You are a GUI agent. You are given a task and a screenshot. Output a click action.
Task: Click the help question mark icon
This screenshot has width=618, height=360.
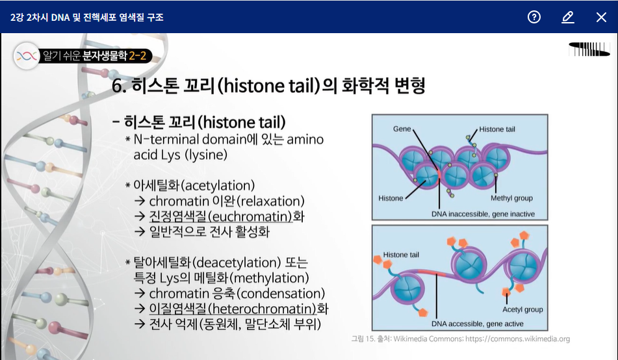click(x=534, y=17)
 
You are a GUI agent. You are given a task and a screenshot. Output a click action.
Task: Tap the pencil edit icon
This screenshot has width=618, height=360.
click(x=567, y=17)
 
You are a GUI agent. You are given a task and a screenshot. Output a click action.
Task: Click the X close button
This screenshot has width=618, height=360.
click(x=601, y=17)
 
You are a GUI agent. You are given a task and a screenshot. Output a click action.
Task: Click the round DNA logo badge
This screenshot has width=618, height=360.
click(x=27, y=56)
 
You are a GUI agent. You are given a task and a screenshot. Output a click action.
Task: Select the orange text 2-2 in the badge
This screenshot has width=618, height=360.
click(x=138, y=56)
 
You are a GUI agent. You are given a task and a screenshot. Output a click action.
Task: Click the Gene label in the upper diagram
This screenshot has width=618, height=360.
click(x=402, y=129)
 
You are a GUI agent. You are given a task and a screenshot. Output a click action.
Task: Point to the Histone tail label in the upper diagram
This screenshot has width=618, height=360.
click(x=497, y=129)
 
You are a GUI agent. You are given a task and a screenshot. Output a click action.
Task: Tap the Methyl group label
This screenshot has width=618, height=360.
click(x=511, y=198)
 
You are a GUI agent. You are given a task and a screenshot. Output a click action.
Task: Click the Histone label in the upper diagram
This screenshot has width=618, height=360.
click(x=391, y=198)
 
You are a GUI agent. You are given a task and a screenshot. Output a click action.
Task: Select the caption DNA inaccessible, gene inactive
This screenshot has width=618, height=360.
click(x=483, y=214)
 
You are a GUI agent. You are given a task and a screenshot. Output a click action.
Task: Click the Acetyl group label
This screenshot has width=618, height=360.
click(x=522, y=309)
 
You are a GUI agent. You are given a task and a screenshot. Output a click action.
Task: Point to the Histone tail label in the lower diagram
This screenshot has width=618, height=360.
click(x=401, y=255)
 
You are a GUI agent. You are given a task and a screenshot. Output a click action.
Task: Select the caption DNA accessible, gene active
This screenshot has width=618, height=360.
click(x=477, y=324)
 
